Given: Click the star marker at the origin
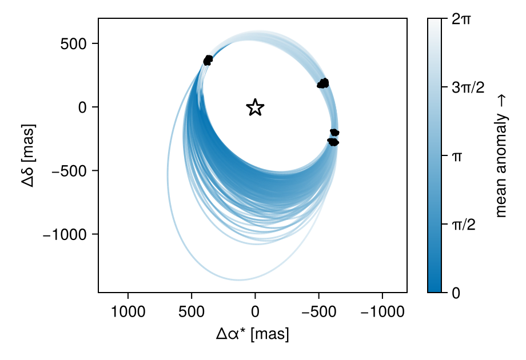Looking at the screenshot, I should coord(255,107).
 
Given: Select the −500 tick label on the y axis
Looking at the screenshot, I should coord(69,171).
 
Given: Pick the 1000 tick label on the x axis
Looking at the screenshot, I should coord(127,312).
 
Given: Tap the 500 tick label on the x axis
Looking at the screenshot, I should coord(192,312).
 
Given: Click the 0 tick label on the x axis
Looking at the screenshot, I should coord(255,312).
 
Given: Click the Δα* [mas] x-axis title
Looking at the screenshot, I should coord(253,334).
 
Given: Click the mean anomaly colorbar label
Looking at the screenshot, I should coord(501,155).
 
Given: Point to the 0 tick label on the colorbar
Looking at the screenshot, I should coord(456,292).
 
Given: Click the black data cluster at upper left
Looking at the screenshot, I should coord(208,60).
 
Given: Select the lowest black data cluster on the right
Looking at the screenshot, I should coord(332,141).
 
